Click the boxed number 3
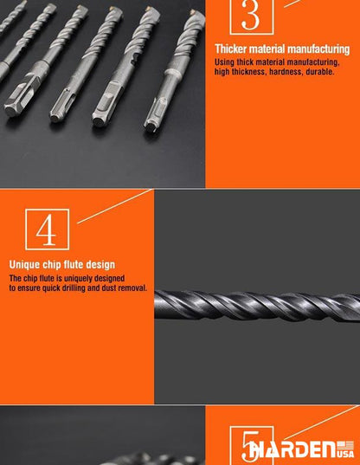pos(251,16)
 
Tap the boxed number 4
pos(47,229)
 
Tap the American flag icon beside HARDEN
pos(345,446)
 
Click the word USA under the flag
pos(345,454)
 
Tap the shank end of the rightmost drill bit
pos(150,126)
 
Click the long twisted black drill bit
pos(257,306)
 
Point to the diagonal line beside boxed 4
pos(115,206)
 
